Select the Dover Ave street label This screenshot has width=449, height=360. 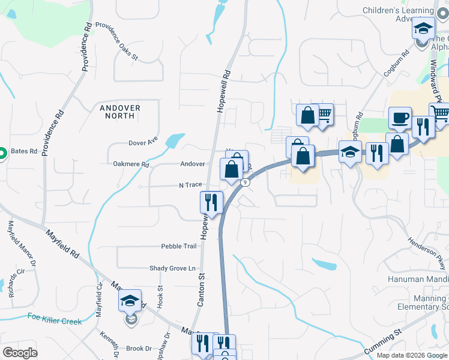[x=143, y=143]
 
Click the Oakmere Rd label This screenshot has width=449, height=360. [x=130, y=164]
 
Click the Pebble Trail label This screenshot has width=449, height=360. [x=179, y=246]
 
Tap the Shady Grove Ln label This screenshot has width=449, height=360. [x=173, y=268]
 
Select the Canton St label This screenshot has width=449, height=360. [x=202, y=289]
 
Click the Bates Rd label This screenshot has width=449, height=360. [x=23, y=152]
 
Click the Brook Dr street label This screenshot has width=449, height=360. [x=139, y=349]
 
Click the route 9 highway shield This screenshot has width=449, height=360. [x=245, y=182]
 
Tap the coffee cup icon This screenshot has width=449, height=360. [x=400, y=118]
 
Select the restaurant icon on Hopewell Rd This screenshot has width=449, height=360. [x=211, y=202]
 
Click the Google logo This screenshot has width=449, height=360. [x=20, y=353]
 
